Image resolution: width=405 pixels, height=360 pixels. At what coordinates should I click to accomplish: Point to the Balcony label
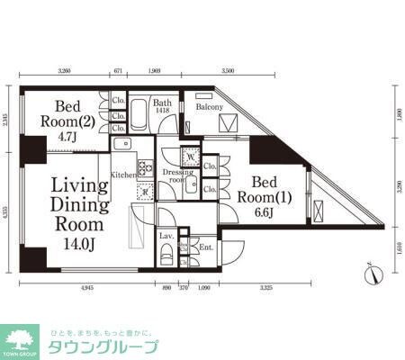coord(210,107)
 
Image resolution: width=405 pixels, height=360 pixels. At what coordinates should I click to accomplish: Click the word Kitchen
coord(123,174)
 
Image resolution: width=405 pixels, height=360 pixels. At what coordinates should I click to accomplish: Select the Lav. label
coord(166,235)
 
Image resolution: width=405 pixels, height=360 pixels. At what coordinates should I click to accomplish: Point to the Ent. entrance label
coord(204,245)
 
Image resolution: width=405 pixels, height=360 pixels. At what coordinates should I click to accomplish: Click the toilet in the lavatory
coord(166,255)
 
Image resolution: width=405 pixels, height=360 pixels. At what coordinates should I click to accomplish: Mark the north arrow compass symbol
coord(371,267)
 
